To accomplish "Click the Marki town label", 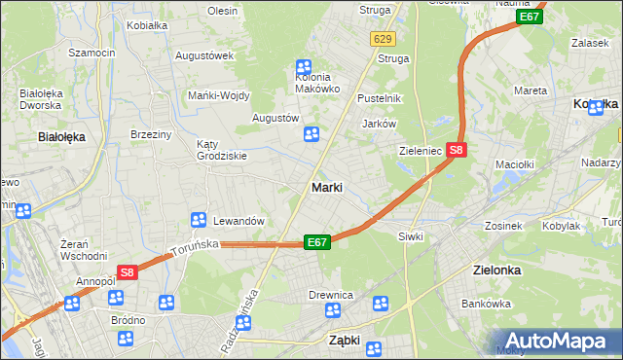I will pyautogui.click(x=326, y=187).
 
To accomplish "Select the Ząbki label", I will pyautogui.click(x=345, y=341).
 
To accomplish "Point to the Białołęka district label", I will pyautogui.click(x=60, y=137).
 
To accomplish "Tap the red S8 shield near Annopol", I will pyautogui.click(x=127, y=273).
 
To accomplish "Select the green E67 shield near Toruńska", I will pyautogui.click(x=316, y=241).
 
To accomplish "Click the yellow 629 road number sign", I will pyautogui.click(x=382, y=38).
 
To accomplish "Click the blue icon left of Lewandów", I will pyautogui.click(x=199, y=221).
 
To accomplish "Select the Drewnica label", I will pyautogui.click(x=330, y=295).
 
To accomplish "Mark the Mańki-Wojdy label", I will pyautogui.click(x=219, y=94).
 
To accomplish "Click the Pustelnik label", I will pyautogui.click(x=380, y=99).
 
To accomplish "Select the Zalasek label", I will pyautogui.click(x=590, y=43).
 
